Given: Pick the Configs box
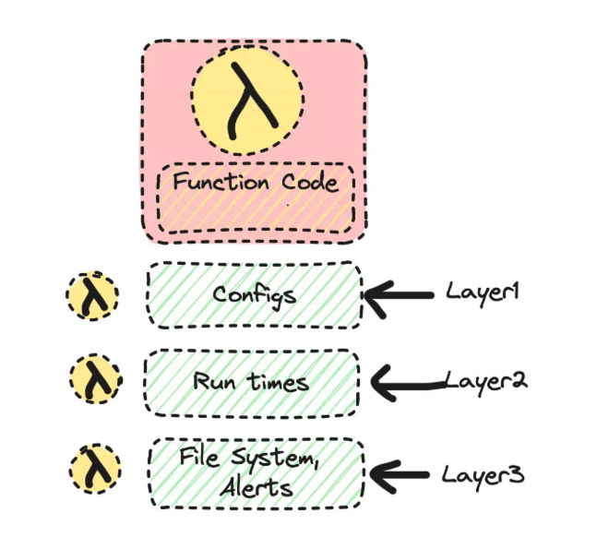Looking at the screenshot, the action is [x=254, y=295].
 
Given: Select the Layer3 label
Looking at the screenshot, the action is [x=483, y=475].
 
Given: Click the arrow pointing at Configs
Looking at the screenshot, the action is [x=400, y=295].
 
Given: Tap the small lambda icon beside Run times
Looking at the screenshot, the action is [x=96, y=380].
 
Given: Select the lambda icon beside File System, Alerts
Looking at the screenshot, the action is [x=95, y=470].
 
